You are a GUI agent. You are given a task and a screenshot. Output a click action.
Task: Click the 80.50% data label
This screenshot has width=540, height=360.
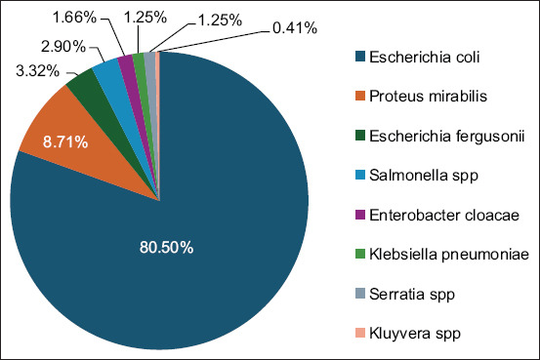166,247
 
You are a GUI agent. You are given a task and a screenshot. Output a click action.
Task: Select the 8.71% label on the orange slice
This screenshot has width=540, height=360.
65,141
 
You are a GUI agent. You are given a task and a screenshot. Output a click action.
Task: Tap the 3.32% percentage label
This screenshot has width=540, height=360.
37,71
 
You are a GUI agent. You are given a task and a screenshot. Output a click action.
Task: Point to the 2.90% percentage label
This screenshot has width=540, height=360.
63,46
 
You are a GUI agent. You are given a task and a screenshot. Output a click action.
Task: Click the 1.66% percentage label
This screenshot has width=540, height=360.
74,18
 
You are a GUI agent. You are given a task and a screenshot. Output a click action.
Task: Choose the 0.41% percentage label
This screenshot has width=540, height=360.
295,28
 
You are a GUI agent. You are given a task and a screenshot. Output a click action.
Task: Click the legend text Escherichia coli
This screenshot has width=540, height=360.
424,57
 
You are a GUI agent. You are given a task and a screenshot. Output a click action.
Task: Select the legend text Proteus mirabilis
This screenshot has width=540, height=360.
428,96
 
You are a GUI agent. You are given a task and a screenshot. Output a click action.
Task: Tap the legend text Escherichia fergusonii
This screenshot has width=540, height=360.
447,136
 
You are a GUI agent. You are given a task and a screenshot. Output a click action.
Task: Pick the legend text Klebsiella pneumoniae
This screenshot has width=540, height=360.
449,255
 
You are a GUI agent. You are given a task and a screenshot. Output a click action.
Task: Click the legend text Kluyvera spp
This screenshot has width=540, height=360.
415,334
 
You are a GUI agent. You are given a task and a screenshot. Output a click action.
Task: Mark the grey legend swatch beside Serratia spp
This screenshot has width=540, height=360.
360,294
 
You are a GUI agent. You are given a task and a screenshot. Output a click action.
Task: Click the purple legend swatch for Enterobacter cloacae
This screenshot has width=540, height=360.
360,215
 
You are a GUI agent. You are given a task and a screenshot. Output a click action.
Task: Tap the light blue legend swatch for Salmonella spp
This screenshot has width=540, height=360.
360,175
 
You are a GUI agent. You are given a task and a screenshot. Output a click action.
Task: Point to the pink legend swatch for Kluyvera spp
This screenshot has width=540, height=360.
360,333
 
